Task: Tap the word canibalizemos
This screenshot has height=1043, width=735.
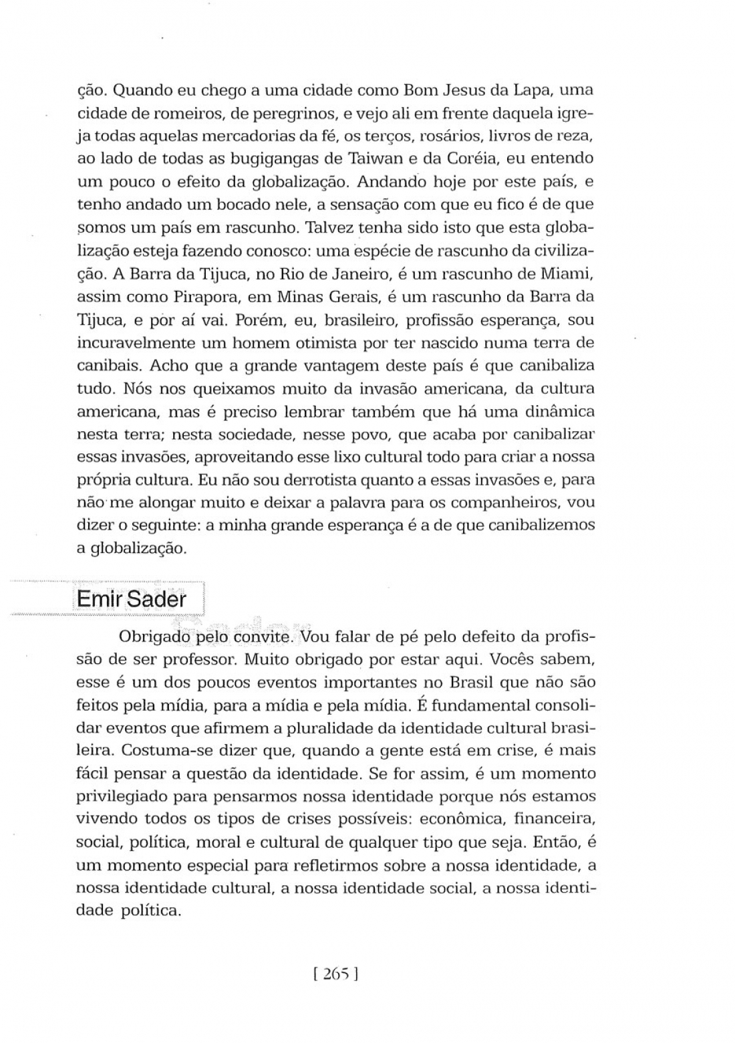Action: (541, 526)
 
